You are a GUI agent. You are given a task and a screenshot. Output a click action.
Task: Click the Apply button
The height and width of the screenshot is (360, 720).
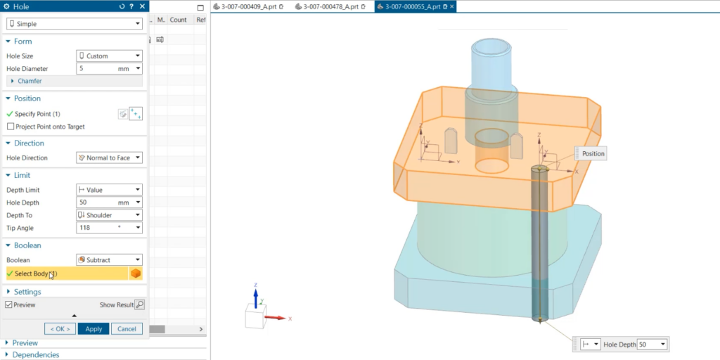(94, 329)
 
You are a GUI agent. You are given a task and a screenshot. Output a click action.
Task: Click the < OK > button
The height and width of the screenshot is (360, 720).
(60, 329)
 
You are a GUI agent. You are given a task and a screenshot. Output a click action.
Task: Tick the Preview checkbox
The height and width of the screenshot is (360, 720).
(9, 305)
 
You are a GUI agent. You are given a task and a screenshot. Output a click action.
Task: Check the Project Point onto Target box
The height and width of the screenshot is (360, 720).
(11, 127)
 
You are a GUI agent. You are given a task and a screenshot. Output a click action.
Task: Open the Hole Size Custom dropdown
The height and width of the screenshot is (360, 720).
(109, 56)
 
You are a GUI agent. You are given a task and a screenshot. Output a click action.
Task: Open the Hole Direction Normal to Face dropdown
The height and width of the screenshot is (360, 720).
(109, 158)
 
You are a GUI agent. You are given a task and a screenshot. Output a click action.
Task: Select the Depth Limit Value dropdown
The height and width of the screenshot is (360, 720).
(109, 190)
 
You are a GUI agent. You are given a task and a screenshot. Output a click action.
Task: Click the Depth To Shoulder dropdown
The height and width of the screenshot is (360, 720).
(109, 215)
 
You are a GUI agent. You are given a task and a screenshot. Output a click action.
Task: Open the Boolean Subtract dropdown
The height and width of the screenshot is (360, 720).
(109, 260)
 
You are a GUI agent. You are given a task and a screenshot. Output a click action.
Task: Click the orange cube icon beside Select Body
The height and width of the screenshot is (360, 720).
(136, 274)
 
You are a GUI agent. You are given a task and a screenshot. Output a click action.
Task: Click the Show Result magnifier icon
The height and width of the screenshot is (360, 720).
(139, 305)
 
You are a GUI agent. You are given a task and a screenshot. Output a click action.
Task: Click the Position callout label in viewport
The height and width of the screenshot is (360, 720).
(593, 153)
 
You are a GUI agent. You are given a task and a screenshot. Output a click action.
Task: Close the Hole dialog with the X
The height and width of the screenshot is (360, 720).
(143, 6)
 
